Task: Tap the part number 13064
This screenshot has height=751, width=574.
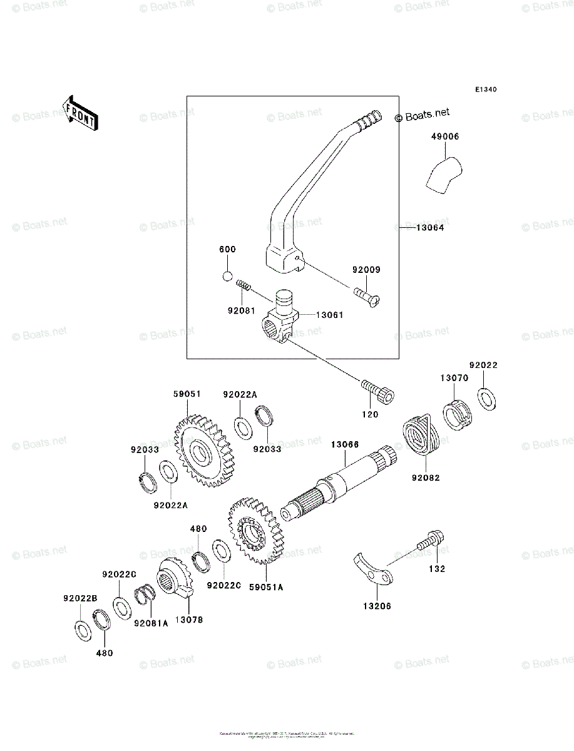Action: point(430,228)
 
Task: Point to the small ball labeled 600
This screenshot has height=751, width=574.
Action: point(228,277)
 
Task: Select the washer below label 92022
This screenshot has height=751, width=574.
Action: point(488,399)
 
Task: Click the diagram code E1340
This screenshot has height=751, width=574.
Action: point(485,90)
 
